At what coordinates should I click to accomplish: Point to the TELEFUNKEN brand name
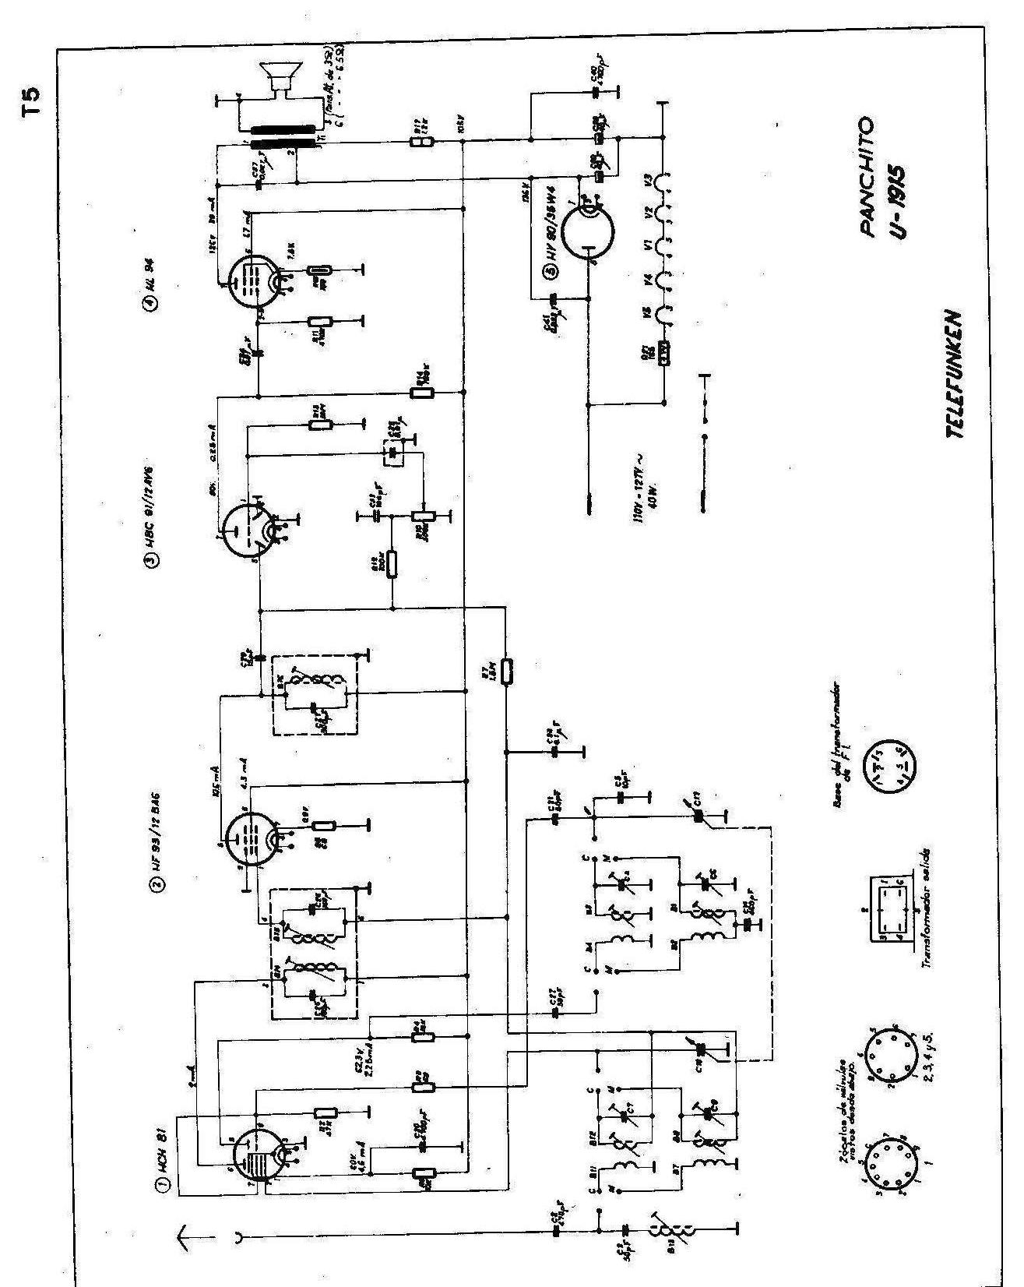pyautogui.click(x=955, y=375)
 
